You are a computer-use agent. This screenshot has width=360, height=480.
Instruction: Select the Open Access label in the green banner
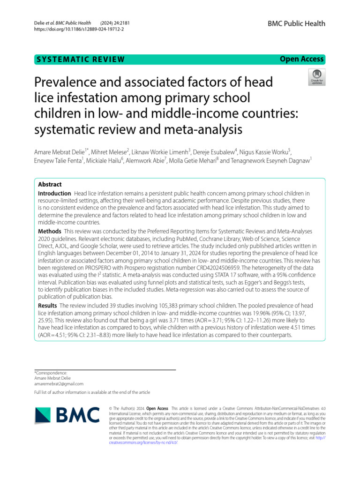point(301,59)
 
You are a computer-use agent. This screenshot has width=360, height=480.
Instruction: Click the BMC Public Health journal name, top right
point(296,24)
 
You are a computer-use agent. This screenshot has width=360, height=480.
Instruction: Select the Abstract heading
point(50,185)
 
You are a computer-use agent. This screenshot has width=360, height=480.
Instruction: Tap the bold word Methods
point(49,232)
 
